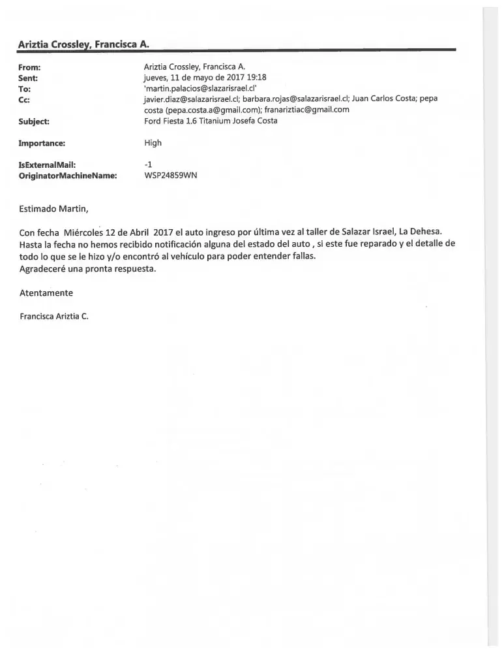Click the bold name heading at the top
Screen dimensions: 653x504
[x=84, y=44]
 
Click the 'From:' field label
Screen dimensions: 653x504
[x=31, y=67]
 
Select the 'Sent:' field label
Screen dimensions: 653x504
[x=30, y=77]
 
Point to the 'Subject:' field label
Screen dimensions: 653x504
[x=35, y=120]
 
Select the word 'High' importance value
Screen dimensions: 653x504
[x=153, y=142]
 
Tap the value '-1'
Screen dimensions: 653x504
[x=147, y=165]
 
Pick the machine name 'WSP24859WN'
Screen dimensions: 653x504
[x=170, y=175]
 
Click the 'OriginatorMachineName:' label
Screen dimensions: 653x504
[x=68, y=175]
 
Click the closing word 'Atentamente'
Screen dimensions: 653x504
[x=46, y=293]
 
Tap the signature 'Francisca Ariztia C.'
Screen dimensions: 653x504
[x=54, y=316]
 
